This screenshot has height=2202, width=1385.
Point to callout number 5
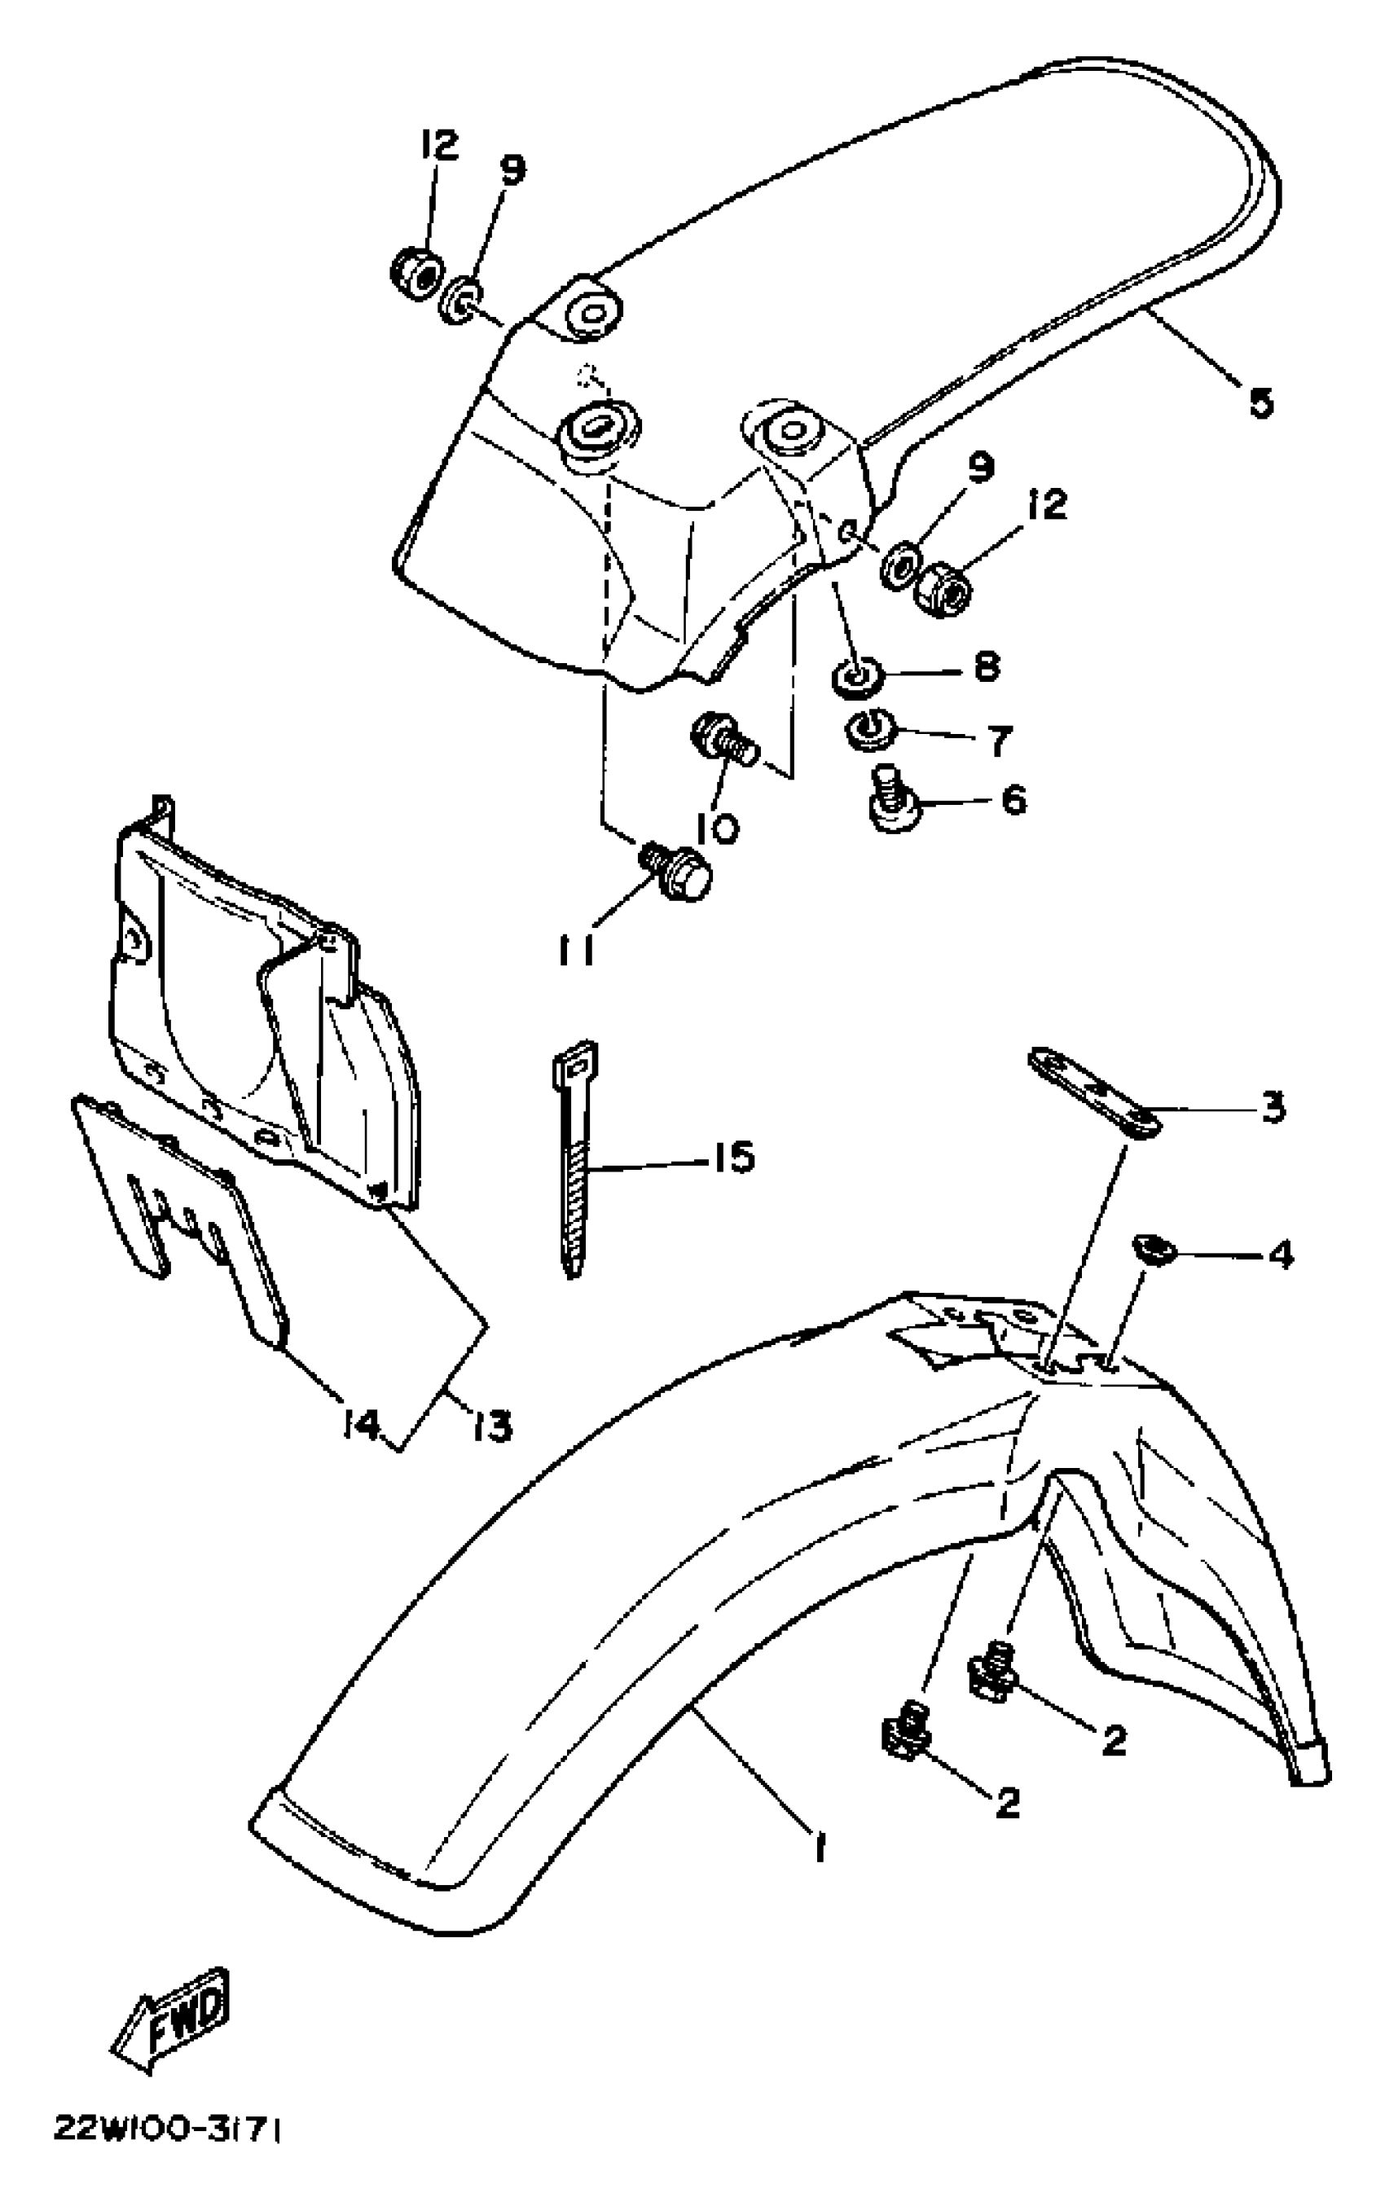(1261, 402)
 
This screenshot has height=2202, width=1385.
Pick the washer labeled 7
(864, 732)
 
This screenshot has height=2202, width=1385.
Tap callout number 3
(1273, 1107)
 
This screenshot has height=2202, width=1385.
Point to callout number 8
(986, 666)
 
